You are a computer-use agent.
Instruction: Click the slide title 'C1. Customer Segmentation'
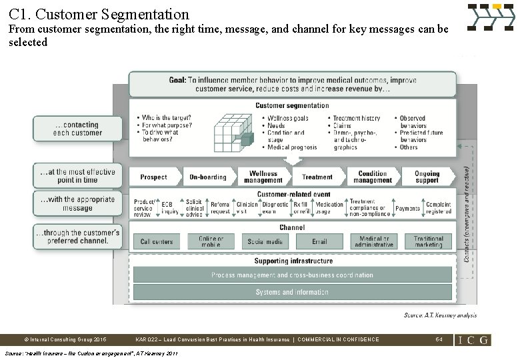click(99, 14)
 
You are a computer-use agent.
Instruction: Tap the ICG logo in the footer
click(473, 339)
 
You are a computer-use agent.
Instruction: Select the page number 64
click(439, 339)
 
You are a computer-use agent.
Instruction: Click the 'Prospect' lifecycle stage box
click(153, 177)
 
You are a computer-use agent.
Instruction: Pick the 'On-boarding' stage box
click(208, 177)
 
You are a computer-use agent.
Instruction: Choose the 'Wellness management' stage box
click(263, 177)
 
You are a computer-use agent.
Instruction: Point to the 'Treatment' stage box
click(317, 177)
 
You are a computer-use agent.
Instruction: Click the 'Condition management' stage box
click(373, 177)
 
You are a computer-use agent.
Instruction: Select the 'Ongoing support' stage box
click(427, 177)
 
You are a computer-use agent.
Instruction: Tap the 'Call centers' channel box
click(157, 242)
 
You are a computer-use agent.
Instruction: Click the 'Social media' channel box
click(265, 242)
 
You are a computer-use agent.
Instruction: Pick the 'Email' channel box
click(320, 242)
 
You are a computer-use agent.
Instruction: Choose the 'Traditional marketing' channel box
click(428, 242)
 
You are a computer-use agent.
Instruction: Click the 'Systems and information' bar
click(292, 293)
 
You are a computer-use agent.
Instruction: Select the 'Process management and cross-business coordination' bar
click(292, 275)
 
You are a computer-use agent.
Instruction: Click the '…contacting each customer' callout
click(78, 129)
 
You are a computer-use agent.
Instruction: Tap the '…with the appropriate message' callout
click(77, 203)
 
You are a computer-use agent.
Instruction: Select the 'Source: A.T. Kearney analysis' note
click(440, 315)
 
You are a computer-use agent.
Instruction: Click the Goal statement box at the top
click(292, 85)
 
